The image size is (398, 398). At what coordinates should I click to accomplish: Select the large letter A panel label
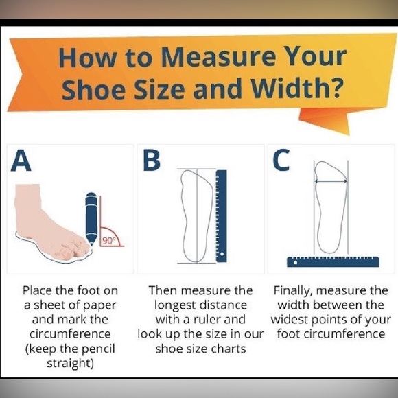[x=21, y=161]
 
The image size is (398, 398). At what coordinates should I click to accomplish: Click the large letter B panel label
[x=152, y=161]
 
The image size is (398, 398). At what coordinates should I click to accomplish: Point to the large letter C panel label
[x=281, y=160]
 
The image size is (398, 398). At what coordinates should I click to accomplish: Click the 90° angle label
[x=108, y=240]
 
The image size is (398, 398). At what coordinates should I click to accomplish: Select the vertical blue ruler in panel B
[x=222, y=216]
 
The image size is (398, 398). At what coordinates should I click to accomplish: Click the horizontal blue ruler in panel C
[x=333, y=262]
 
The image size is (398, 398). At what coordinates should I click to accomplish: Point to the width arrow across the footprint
[x=331, y=181]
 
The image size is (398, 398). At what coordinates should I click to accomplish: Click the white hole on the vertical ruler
[x=222, y=254]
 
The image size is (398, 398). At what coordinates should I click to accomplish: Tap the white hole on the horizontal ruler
[x=295, y=263]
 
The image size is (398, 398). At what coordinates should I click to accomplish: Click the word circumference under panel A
[x=70, y=334]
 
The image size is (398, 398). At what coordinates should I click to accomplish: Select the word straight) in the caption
[x=70, y=363]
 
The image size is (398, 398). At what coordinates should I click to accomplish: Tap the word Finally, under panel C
[x=293, y=291]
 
